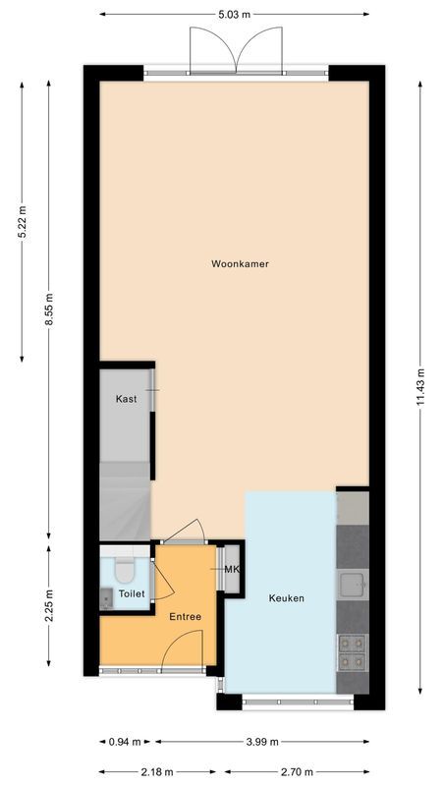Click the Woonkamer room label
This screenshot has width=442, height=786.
click(x=240, y=264)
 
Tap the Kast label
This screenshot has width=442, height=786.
click(x=126, y=399)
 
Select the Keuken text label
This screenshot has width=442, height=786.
click(x=287, y=597)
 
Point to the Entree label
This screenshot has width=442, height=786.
click(x=185, y=617)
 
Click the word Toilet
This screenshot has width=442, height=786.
click(x=132, y=594)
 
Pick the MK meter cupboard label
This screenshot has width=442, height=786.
click(x=232, y=570)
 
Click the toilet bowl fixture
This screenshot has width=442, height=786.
click(x=125, y=569)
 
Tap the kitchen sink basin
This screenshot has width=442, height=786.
click(x=352, y=587)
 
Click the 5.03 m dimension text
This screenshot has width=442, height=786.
click(x=235, y=15)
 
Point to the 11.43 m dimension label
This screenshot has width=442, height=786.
click(x=420, y=387)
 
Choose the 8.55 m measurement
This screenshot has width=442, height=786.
click(x=50, y=312)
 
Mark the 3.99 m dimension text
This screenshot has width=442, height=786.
click(x=262, y=742)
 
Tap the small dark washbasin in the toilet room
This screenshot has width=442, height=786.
click(x=106, y=595)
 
